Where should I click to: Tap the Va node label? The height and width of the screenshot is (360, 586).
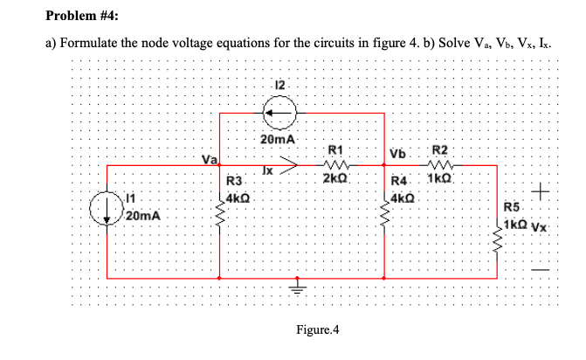point(209,159)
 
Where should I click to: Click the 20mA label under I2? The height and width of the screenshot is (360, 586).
point(280,139)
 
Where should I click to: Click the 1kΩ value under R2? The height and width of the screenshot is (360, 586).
point(439,179)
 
